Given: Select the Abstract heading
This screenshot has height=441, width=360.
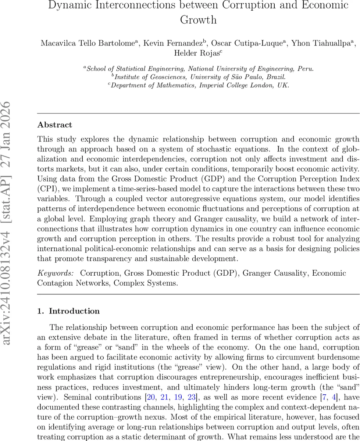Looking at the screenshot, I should point(54,125).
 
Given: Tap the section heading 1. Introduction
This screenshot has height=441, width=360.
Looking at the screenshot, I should point(68,311).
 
